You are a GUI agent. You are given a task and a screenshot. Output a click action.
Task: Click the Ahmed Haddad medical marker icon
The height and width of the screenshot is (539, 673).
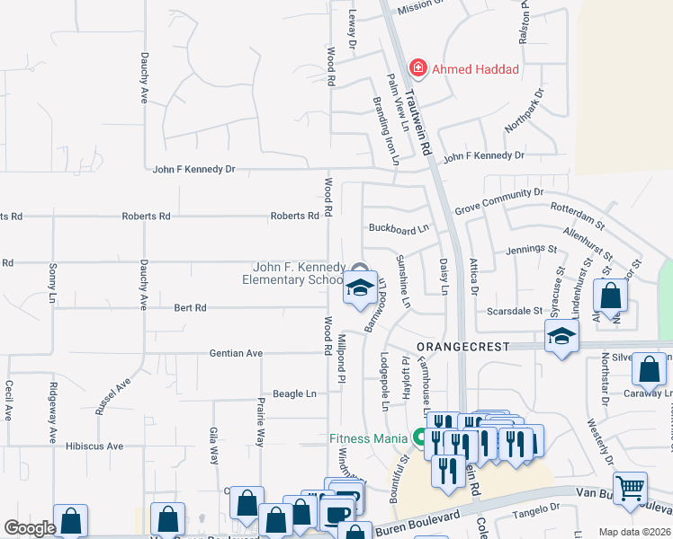417,68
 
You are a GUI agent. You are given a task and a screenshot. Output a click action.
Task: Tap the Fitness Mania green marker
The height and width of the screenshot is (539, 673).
419,438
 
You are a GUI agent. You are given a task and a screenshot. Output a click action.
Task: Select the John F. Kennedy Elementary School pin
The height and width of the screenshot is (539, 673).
359,288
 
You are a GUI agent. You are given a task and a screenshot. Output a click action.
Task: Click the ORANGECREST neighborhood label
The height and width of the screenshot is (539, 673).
462,346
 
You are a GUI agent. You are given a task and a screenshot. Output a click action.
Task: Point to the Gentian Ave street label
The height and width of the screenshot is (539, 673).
236,353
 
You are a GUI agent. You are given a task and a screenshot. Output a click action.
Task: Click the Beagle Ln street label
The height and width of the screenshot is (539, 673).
295,393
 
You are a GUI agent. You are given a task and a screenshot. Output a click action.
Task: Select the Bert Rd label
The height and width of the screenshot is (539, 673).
191,307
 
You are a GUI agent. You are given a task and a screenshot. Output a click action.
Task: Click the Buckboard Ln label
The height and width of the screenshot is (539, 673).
398,228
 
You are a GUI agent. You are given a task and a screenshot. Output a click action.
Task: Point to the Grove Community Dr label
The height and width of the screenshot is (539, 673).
499,192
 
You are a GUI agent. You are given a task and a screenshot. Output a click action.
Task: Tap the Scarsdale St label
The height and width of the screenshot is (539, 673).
515,311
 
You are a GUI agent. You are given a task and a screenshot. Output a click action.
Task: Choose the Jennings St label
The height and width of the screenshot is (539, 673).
525,249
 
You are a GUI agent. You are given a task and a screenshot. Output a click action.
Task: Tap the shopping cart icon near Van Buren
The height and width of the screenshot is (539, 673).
631,489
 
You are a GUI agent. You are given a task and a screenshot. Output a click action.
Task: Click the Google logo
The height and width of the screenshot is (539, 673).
31,528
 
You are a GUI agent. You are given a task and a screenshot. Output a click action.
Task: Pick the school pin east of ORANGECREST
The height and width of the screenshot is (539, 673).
561,338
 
